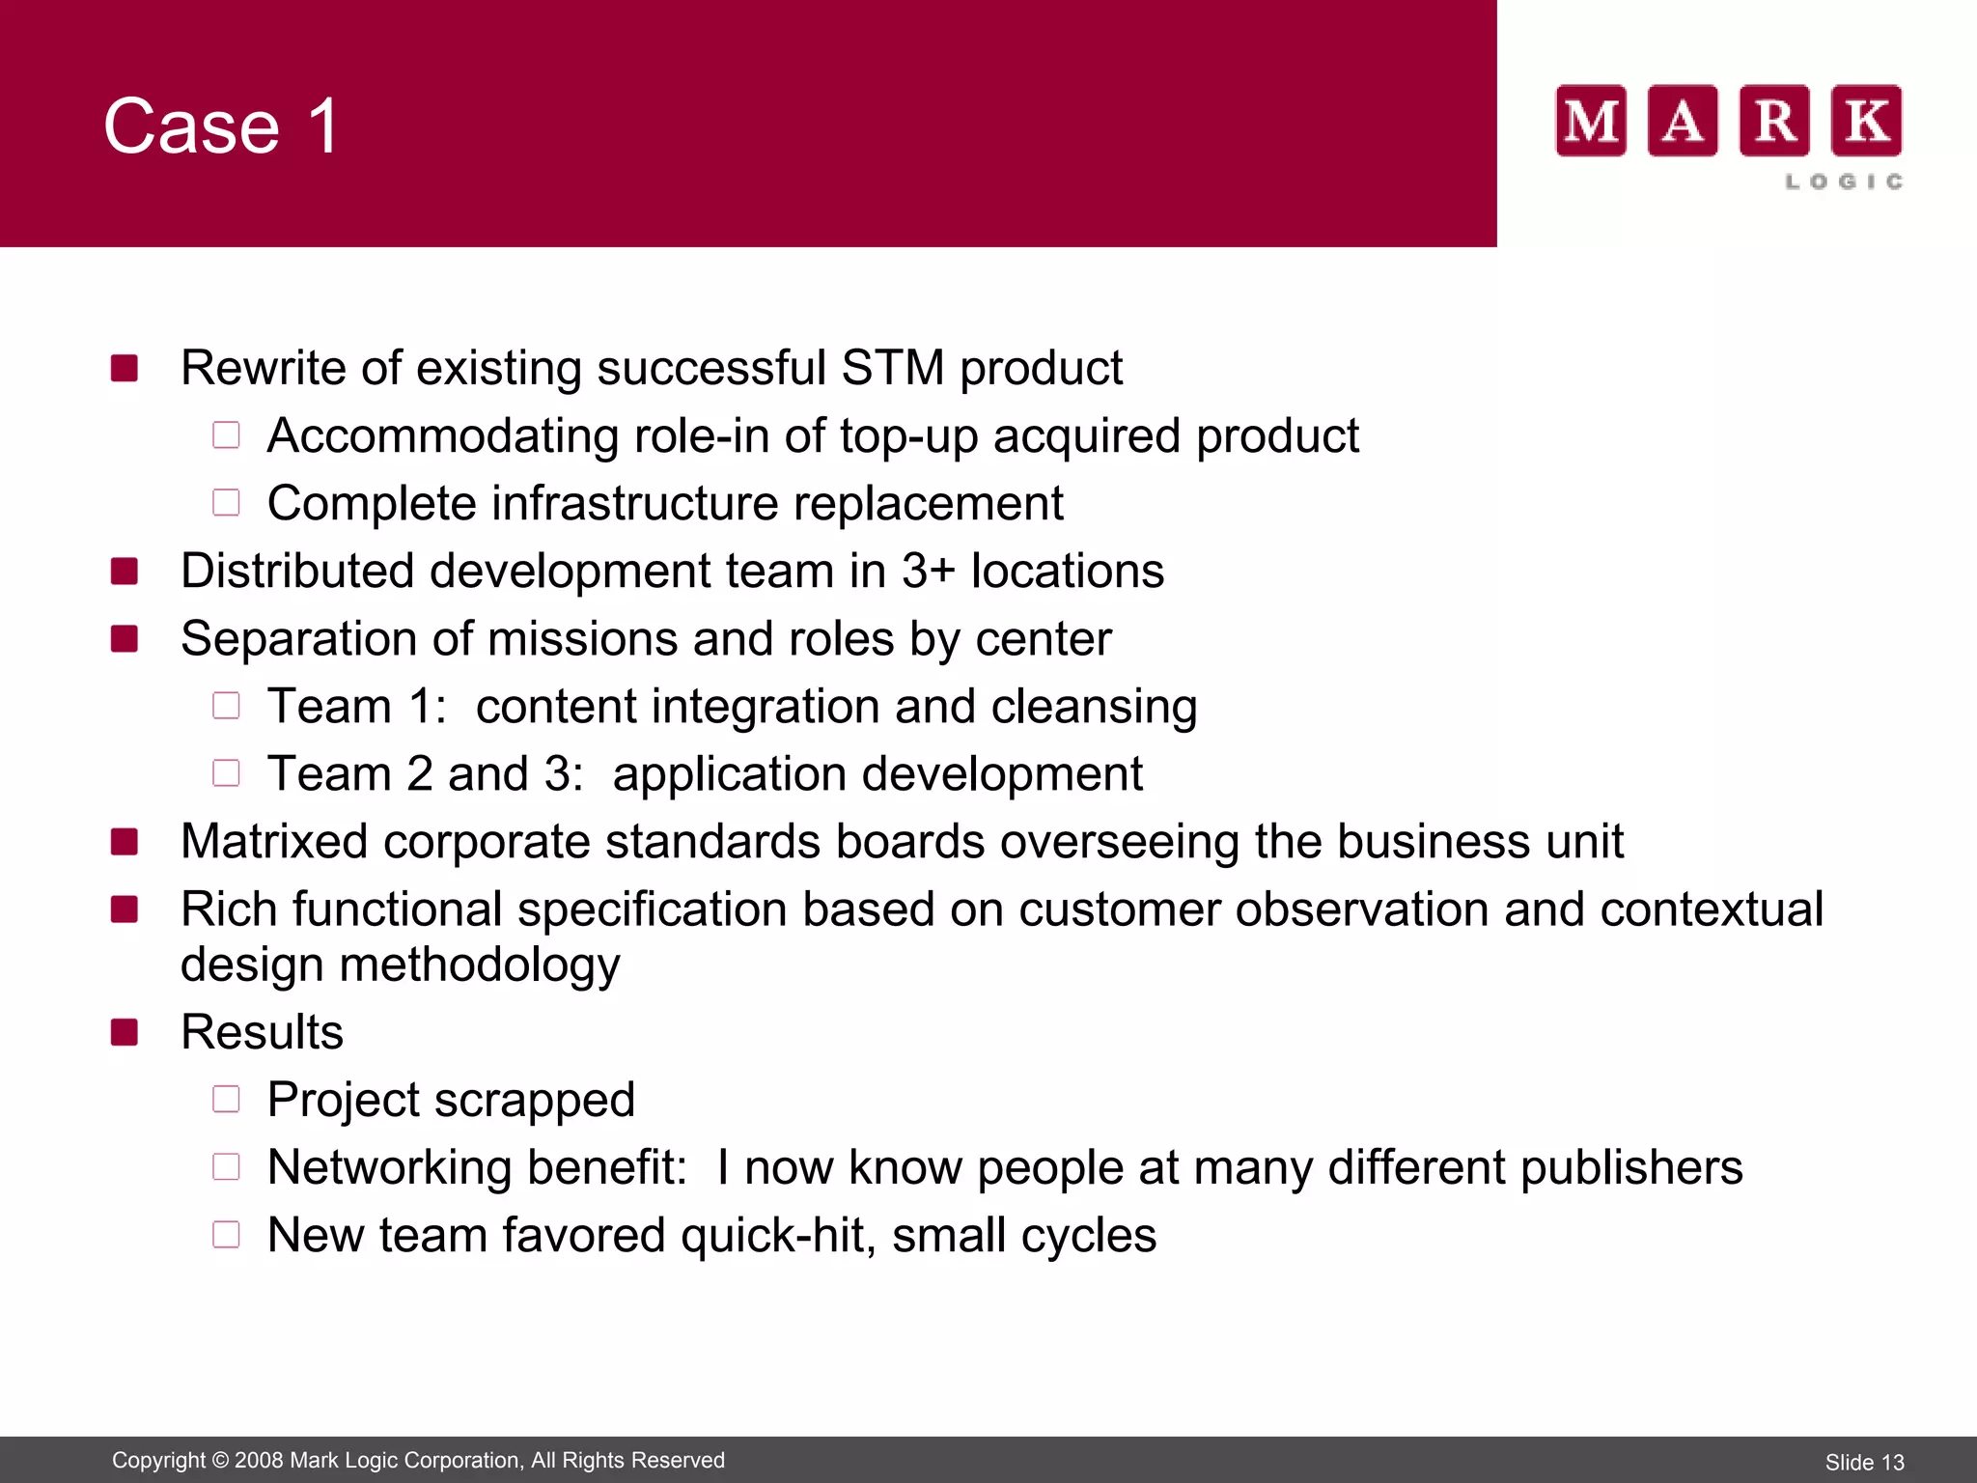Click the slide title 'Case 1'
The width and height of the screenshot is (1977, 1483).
[x=221, y=126]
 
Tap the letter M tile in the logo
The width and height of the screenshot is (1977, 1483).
[x=1591, y=121]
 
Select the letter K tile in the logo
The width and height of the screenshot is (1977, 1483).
[x=1867, y=121]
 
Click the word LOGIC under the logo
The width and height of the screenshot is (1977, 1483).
[x=1844, y=182]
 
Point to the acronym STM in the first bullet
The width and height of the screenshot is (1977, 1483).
[x=892, y=368]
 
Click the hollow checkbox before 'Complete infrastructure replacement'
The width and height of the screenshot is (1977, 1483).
[x=226, y=502]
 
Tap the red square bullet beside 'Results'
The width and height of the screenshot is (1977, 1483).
[x=125, y=1032]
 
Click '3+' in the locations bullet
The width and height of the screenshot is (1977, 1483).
[x=928, y=571]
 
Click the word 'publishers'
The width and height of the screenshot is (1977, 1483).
[x=1631, y=1167]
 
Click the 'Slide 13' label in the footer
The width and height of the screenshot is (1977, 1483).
[x=1864, y=1462]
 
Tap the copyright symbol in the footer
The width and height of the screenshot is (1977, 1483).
[x=219, y=1460]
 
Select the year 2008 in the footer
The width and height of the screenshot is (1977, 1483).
[x=258, y=1460]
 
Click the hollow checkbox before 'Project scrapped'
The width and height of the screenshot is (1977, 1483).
[x=226, y=1099]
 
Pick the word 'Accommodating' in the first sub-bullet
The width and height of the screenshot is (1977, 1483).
[x=443, y=435]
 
